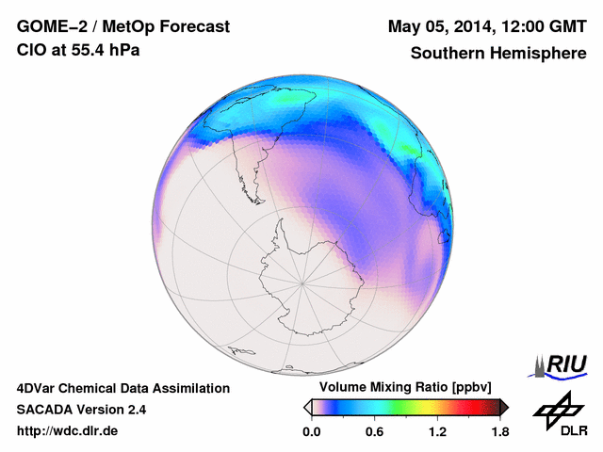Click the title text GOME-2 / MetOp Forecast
tap(122, 26)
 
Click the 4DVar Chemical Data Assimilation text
tap(122, 388)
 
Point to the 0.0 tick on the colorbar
tap(311, 432)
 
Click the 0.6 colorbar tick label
tap(374, 432)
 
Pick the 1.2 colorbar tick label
tap(437, 432)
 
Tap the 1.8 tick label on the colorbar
tap(499, 432)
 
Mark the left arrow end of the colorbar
tap(308, 407)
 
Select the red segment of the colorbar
tap(466, 407)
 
